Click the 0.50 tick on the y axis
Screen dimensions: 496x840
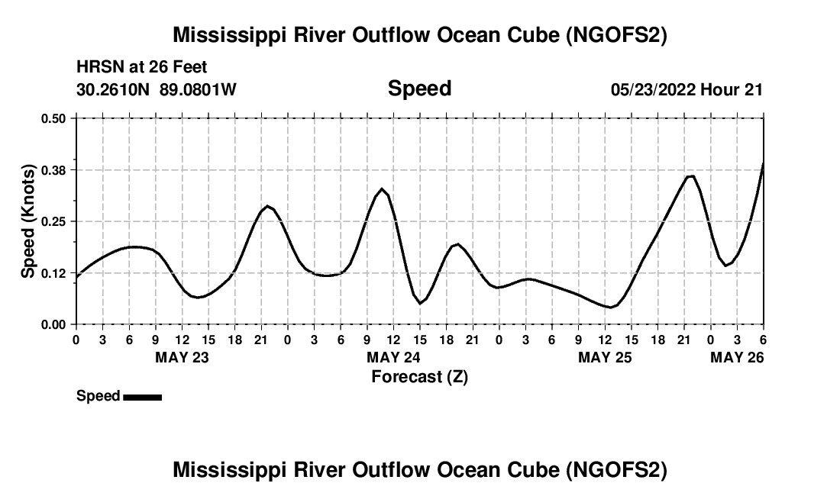[x=54, y=118]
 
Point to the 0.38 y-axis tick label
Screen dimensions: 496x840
[x=54, y=169]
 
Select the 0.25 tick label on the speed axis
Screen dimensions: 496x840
[x=54, y=221]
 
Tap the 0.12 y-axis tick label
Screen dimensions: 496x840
[x=54, y=273]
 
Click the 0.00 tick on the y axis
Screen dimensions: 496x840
[x=54, y=324]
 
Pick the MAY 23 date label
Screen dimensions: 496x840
[x=182, y=357]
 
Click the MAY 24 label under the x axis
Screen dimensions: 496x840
[x=393, y=357]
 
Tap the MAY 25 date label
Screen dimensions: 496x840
[x=605, y=357]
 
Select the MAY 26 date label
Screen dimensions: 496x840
[x=737, y=357]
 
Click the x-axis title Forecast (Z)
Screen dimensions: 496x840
[x=419, y=377]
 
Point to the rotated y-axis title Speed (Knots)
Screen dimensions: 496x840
[x=27, y=221]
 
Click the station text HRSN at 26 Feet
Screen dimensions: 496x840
[x=142, y=68]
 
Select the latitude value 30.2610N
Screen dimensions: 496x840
[x=115, y=89]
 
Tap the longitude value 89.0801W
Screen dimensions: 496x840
[x=198, y=89]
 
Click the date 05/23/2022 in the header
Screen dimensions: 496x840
[x=653, y=89]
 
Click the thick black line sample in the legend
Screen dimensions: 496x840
[x=142, y=397]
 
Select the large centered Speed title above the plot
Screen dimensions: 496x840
[x=419, y=89]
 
